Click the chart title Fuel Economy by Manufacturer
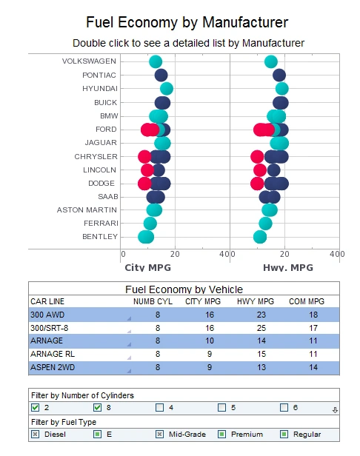[187, 23]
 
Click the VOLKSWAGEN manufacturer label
[89, 61]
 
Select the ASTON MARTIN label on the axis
[87, 210]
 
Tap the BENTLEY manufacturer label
[99, 237]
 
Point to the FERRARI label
[99, 224]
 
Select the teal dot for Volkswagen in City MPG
[156, 62]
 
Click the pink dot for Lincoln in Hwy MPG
[260, 170]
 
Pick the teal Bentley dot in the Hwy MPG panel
[260, 237]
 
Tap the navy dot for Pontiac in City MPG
[161, 76]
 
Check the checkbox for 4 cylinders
[160, 408]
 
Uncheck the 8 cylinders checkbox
[98, 408]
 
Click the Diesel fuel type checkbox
[35, 434]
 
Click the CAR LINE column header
[47, 301]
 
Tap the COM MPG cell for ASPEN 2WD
[314, 368]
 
